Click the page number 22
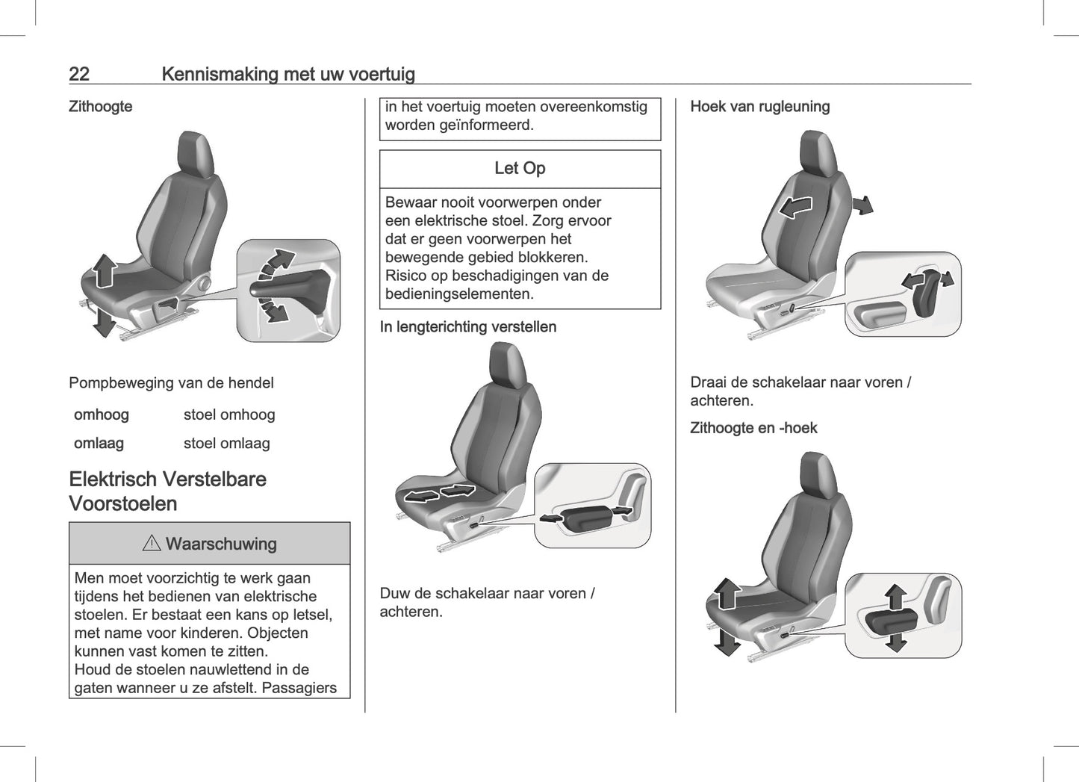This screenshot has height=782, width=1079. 79,74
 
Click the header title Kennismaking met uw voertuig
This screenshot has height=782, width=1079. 287,74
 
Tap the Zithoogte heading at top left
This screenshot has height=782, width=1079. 100,106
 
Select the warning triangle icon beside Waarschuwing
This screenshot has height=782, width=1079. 152,543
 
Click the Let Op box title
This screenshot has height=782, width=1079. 520,168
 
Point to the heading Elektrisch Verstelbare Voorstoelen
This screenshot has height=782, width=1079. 167,491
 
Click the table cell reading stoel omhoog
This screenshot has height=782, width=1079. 229,415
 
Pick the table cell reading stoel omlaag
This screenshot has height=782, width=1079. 226,443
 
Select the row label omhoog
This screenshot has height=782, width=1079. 101,415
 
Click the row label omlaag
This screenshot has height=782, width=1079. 99,443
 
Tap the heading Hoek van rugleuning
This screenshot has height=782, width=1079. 759,106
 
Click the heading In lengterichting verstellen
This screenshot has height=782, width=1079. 467,326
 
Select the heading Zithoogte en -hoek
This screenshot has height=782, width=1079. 753,428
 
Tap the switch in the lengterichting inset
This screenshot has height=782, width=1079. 587,518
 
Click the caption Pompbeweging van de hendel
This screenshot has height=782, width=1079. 171,382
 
